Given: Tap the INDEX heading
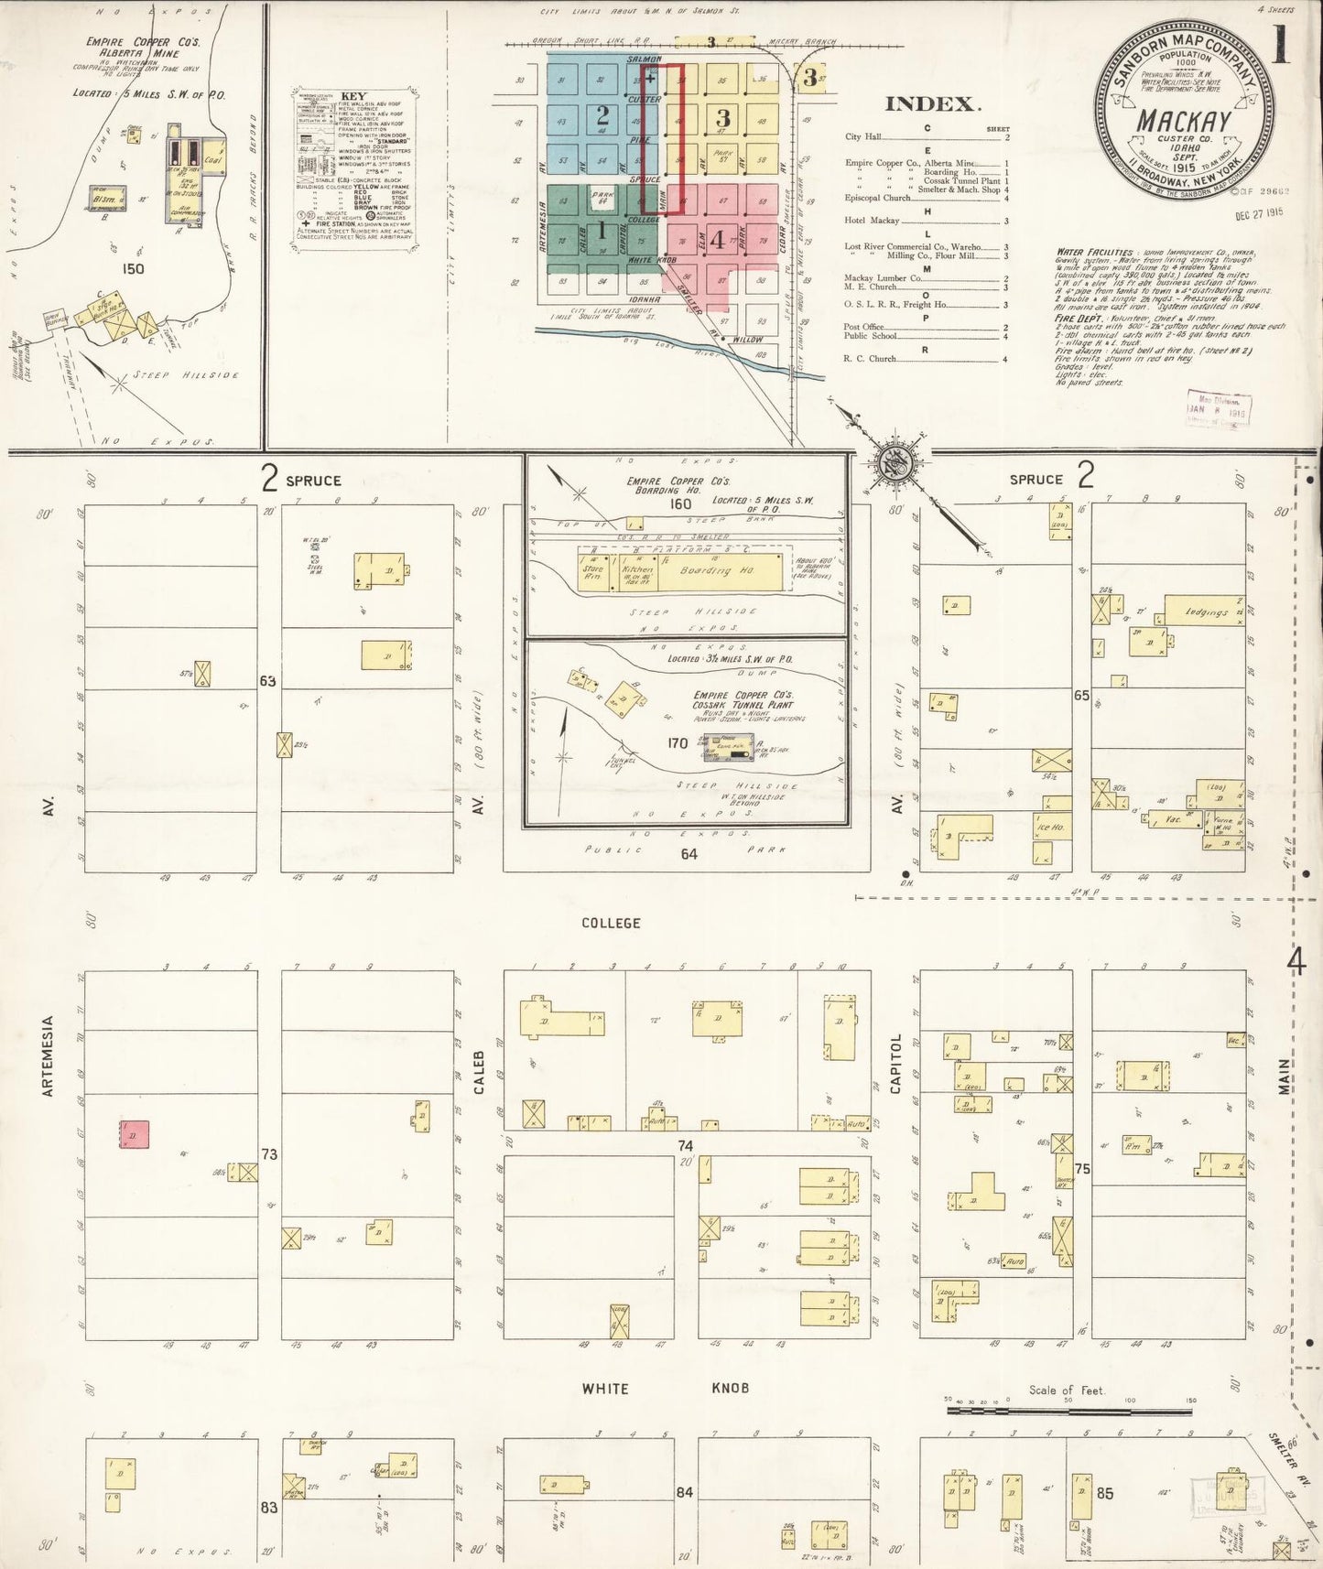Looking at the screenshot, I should click(928, 104).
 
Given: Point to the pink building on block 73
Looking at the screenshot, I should click(134, 1134).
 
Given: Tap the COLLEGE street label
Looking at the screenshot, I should click(611, 923).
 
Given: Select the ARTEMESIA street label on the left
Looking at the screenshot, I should click(49, 1055).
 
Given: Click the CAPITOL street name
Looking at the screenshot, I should click(896, 1064).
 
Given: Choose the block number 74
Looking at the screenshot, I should click(686, 1146).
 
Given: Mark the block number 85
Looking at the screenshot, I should click(1105, 1493).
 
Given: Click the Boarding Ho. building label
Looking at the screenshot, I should click(716, 569).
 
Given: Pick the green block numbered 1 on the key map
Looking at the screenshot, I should click(602, 230).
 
